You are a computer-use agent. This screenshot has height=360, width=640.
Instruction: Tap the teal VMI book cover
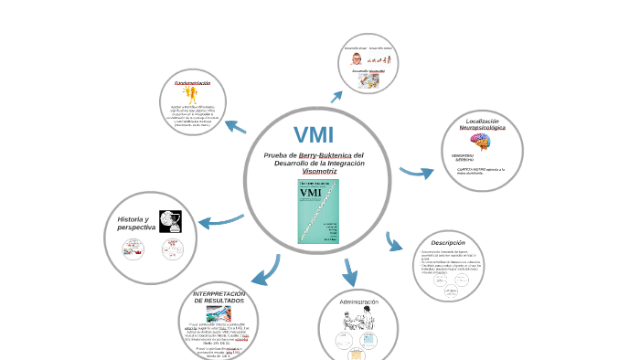coord(319,211)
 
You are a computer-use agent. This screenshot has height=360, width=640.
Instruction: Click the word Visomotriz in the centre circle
coord(319,171)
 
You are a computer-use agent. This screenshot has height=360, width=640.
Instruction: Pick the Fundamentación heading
coord(192,83)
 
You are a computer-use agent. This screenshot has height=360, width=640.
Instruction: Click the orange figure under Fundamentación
coord(190,96)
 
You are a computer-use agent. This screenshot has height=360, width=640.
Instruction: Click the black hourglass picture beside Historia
coord(169,221)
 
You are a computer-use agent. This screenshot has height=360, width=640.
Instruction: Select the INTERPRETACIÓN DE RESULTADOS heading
coord(219,297)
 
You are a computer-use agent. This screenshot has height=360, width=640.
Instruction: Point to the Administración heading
coord(358,301)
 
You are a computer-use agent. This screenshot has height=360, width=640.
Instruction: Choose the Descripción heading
coord(448,242)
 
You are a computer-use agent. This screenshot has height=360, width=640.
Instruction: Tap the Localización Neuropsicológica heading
coord(482,124)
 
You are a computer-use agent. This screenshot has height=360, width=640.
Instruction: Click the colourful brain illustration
coord(481,142)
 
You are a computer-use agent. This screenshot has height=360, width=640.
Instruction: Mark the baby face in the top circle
coord(356,58)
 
